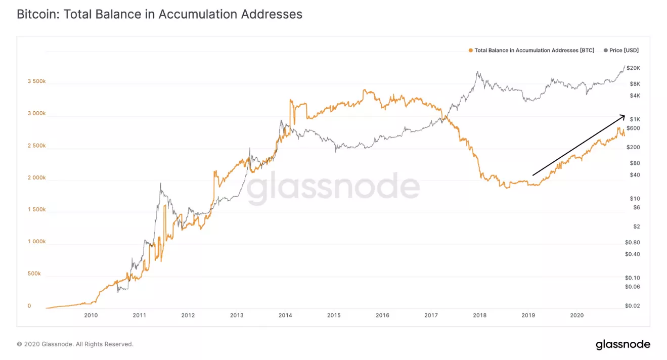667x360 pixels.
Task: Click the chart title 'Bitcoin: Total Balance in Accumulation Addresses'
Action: coord(159,14)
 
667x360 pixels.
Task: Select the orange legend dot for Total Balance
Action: coord(471,51)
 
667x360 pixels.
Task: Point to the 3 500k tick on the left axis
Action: coord(36,81)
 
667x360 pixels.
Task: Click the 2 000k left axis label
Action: coord(36,178)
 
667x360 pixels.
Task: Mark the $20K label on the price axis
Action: coord(634,68)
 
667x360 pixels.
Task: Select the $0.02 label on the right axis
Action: coord(632,306)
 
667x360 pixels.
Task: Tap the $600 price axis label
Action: coord(633,128)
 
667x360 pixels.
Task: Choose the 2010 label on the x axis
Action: coord(91,316)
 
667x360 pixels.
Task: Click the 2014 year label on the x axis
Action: coord(285,316)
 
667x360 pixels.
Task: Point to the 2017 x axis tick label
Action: coord(431,316)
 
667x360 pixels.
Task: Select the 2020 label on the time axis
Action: coord(576,316)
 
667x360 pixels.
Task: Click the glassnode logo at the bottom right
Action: coord(622,345)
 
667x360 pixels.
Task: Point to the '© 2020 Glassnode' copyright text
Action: coord(75,344)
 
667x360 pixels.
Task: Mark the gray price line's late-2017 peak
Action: coord(477,72)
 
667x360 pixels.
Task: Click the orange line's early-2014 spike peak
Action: coord(290,100)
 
